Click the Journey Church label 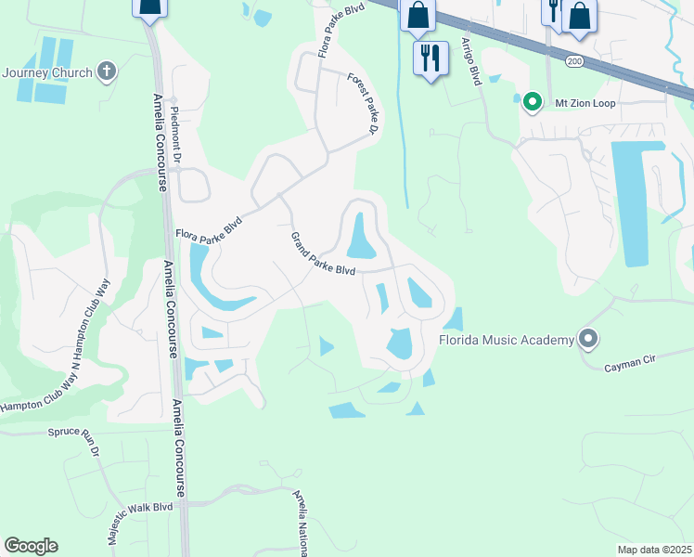pos(46,72)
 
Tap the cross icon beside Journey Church pos(108,71)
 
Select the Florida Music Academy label pos(507,341)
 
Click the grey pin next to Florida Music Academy pos(587,339)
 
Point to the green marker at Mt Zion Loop pos(532,102)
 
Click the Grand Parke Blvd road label pos(323,254)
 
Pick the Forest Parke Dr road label pos(363,105)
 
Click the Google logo pos(31,546)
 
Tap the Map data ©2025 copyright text pos(655,550)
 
